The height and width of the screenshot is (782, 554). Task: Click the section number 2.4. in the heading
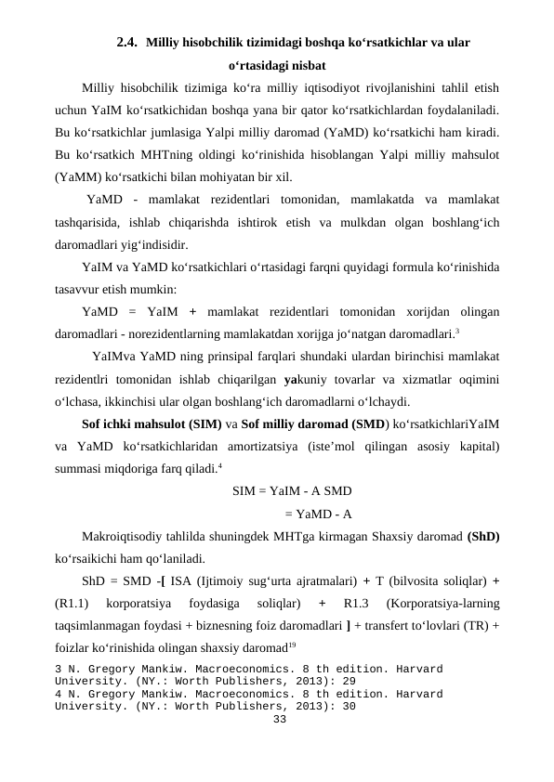(x=128, y=42)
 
